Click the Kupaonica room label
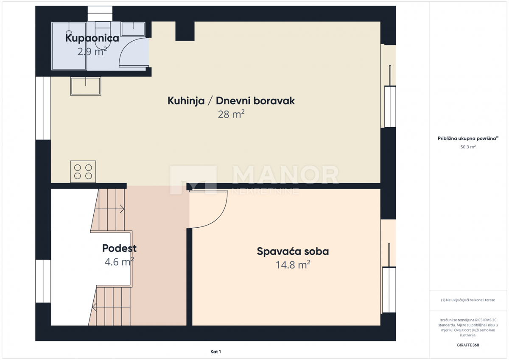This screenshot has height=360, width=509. [x=92, y=38]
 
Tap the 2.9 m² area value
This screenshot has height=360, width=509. [x=92, y=52]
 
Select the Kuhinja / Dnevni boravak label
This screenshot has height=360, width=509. [x=231, y=101]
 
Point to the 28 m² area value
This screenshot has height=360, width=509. [x=231, y=114]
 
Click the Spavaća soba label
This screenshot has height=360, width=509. [x=293, y=251]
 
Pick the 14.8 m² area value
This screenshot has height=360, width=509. [x=293, y=265]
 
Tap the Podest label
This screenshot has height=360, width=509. [x=119, y=248]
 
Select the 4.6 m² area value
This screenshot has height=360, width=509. [x=119, y=262]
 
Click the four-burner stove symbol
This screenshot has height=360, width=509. [x=83, y=172]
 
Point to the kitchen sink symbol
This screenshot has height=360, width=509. [x=86, y=86]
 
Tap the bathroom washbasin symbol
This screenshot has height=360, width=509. [x=134, y=29]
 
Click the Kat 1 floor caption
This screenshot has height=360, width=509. [x=215, y=352]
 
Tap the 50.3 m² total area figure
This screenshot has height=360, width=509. [x=468, y=147]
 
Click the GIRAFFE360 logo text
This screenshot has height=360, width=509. [x=468, y=345]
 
